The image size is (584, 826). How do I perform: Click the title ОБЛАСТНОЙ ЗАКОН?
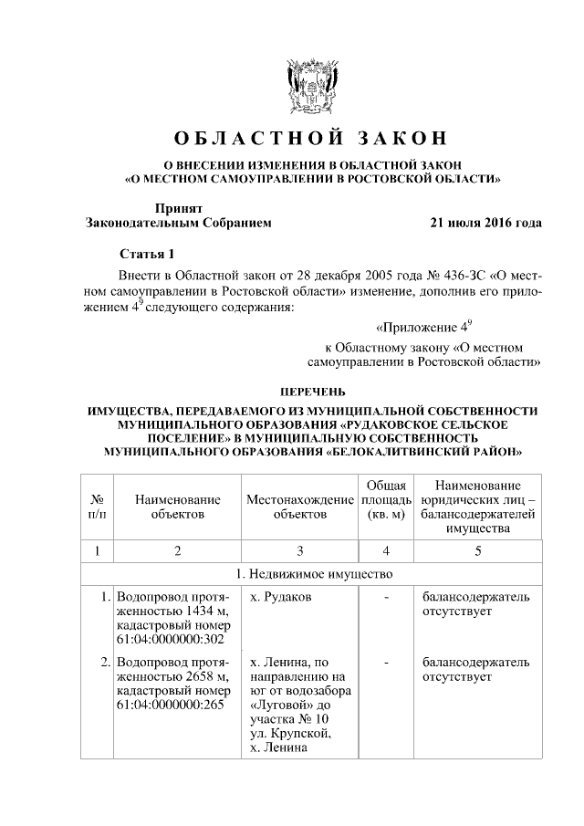pos(311,138)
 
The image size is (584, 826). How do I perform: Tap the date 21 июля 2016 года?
pos(485,222)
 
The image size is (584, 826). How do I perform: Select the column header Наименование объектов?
pos(177,507)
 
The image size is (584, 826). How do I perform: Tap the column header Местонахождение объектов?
pos(299,507)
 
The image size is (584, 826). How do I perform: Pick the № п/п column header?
pos(97,507)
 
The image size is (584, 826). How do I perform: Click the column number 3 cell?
pos(299,550)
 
